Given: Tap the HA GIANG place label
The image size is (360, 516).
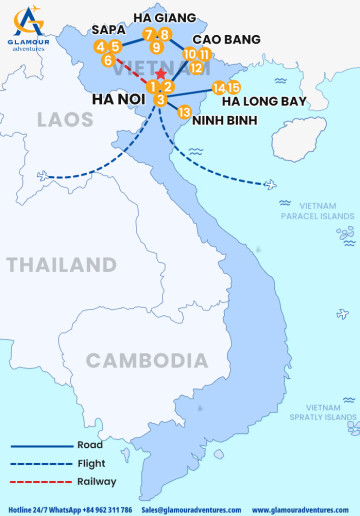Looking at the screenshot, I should (x=163, y=18).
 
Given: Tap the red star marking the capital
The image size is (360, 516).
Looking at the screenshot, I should (x=162, y=76).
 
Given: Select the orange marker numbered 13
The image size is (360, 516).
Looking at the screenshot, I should (x=183, y=113).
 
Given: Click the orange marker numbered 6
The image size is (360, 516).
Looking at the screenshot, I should (x=107, y=61).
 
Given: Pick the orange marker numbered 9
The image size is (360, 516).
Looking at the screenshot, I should (x=156, y=48).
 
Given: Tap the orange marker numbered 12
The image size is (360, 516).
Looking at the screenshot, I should (x=196, y=68).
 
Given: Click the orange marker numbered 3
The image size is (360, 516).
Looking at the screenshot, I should (x=161, y=99).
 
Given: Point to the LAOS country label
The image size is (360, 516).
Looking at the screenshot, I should (x=65, y=120).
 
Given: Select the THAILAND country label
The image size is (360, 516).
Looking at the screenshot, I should (x=62, y=265).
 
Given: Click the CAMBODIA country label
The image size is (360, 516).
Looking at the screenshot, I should (x=139, y=360).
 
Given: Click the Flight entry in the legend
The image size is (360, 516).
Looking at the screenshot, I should (x=90, y=463).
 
